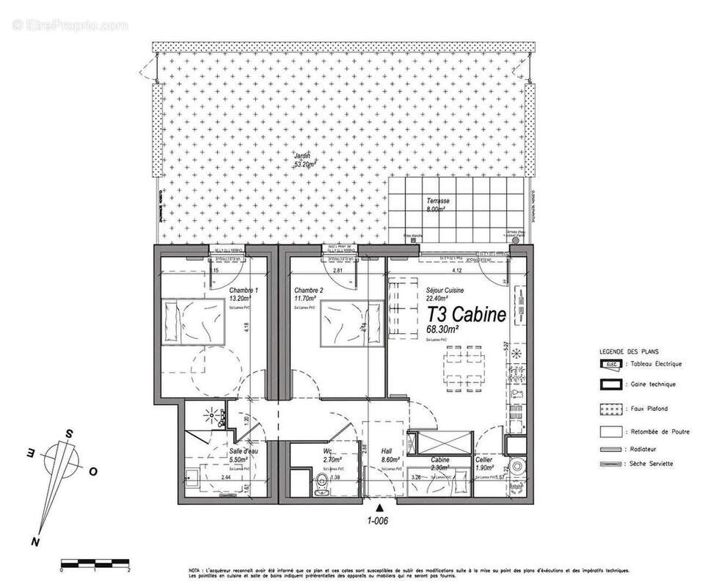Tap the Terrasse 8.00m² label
click(x=438, y=204)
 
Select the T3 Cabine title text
click(x=466, y=316)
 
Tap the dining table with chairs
click(x=465, y=364)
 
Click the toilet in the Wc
click(x=321, y=484)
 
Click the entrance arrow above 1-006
click(x=379, y=507)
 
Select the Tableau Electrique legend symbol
click(x=610, y=364)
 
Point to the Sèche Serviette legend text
click(x=654, y=464)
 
